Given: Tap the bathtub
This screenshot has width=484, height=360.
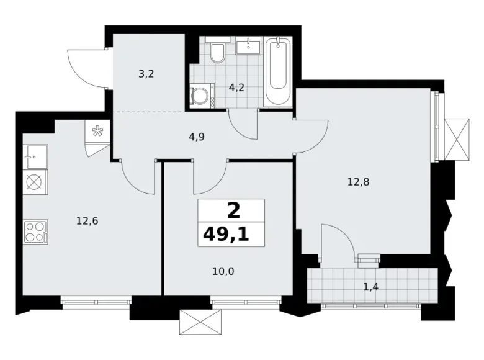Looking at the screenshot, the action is [278, 71].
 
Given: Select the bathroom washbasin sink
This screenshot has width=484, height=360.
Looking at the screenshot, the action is [249, 46].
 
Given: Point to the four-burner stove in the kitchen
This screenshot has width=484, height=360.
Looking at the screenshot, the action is [35, 232].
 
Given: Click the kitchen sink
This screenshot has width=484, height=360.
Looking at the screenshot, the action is [35, 157].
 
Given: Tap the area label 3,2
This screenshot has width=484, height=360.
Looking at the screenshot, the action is [146, 74].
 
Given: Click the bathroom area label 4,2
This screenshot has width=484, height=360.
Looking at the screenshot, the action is [236, 88].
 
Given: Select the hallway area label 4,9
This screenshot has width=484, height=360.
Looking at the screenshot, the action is [197, 137].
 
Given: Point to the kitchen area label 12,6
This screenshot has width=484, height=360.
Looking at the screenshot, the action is [87, 221].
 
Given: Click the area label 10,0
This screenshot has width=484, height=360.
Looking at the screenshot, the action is [223, 272].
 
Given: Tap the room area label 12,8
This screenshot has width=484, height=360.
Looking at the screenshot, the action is [359, 182].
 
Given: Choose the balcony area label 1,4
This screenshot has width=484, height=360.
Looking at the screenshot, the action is [370, 287].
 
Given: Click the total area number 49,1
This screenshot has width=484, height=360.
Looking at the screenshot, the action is [226, 235].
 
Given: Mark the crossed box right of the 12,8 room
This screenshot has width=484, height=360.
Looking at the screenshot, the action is [457, 139].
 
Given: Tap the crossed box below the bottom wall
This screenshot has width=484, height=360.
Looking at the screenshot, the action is [200, 322].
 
